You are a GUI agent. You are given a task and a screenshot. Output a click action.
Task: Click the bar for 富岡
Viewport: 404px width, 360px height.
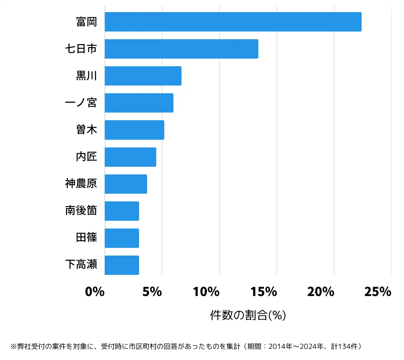pyautogui.click(x=233, y=22)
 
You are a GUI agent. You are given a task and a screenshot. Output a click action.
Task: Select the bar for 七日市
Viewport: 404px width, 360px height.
pyautogui.click(x=181, y=49)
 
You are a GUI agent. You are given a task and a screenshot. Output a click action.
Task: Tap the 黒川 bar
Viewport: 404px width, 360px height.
pyautogui.click(x=143, y=76)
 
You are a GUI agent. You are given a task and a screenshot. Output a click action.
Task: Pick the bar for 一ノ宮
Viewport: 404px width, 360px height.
pyautogui.click(x=139, y=103)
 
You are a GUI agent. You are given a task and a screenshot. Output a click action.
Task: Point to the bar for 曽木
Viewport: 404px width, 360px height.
pyautogui.click(x=134, y=130)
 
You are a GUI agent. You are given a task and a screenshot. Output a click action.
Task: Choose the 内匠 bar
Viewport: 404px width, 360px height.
pyautogui.click(x=130, y=157)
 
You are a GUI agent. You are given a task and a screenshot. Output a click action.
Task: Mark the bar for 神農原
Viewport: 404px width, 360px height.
pyautogui.click(x=126, y=184)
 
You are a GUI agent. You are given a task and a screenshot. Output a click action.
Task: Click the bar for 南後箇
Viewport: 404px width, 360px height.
pyautogui.click(x=122, y=211)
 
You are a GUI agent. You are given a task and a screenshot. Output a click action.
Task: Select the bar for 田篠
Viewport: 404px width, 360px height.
pyautogui.click(x=122, y=238)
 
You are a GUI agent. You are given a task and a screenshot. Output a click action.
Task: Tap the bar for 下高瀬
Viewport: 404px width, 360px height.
pyautogui.click(x=122, y=265)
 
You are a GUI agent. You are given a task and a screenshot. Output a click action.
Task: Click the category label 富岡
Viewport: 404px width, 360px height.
pyautogui.click(x=87, y=22)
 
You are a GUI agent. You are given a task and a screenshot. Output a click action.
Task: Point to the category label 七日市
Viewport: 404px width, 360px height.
pyautogui.click(x=81, y=49)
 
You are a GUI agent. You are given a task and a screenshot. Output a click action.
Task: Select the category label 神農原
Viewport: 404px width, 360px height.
pyautogui.click(x=81, y=184)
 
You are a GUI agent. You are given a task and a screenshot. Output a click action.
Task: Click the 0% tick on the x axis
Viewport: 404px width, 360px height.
pyautogui.click(x=95, y=292)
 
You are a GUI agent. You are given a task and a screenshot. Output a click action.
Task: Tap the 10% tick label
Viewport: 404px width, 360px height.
pyautogui.click(x=206, y=292)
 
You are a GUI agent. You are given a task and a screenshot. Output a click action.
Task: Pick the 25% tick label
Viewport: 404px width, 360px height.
pyautogui.click(x=378, y=292)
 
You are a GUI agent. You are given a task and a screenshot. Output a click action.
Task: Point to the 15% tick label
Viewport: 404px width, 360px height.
pyautogui.click(x=264, y=292)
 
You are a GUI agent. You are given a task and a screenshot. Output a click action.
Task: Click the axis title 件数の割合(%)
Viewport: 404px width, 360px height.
pyautogui.click(x=248, y=315)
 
